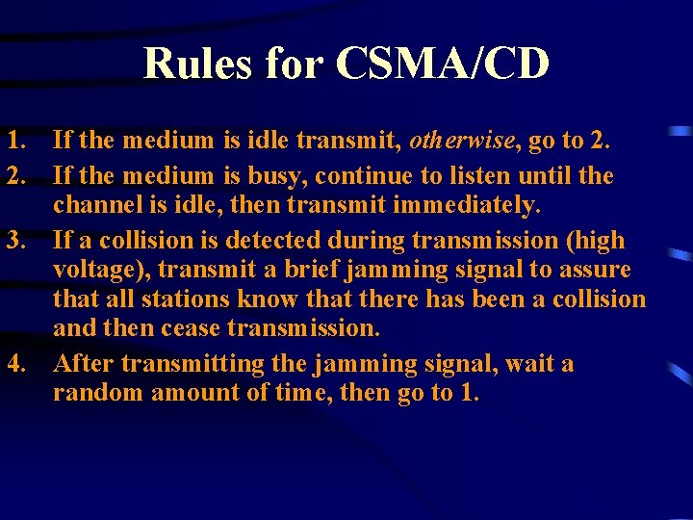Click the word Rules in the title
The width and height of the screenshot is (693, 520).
197,64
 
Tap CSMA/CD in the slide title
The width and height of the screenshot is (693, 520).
443,64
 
